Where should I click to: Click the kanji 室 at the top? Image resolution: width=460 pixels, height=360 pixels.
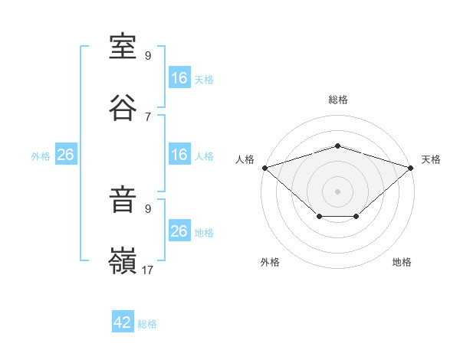[123, 47]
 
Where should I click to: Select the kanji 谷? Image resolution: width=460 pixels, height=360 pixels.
[123, 107]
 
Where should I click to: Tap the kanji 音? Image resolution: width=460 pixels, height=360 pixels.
[123, 199]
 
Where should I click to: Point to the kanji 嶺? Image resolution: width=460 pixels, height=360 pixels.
[123, 260]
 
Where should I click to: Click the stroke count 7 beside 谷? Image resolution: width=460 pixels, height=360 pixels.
[148, 117]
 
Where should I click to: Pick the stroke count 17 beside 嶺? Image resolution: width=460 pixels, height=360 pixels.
[147, 270]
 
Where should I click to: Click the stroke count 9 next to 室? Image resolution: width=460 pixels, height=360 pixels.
[148, 55]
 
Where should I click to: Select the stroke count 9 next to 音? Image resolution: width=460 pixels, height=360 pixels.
[148, 208]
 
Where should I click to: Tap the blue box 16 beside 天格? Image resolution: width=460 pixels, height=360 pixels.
[179, 77]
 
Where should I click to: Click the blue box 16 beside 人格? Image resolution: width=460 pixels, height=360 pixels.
[179, 154]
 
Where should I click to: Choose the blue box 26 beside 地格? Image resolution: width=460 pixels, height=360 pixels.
[179, 230]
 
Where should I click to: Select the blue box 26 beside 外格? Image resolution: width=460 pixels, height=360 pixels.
[66, 154]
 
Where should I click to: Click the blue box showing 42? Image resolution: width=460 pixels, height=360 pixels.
[123, 321]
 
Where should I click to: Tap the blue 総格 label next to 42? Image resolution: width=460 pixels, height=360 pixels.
[147, 324]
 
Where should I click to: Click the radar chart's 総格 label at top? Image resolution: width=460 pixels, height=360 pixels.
[338, 100]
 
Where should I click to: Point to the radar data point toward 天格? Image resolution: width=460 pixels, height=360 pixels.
[410, 168]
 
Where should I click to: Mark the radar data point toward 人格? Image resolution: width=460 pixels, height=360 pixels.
[265, 168]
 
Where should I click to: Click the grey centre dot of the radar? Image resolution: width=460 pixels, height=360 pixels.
[337, 191]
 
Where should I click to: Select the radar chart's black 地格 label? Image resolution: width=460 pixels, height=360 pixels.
[402, 262]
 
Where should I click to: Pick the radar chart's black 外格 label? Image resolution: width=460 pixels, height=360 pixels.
[270, 262]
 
